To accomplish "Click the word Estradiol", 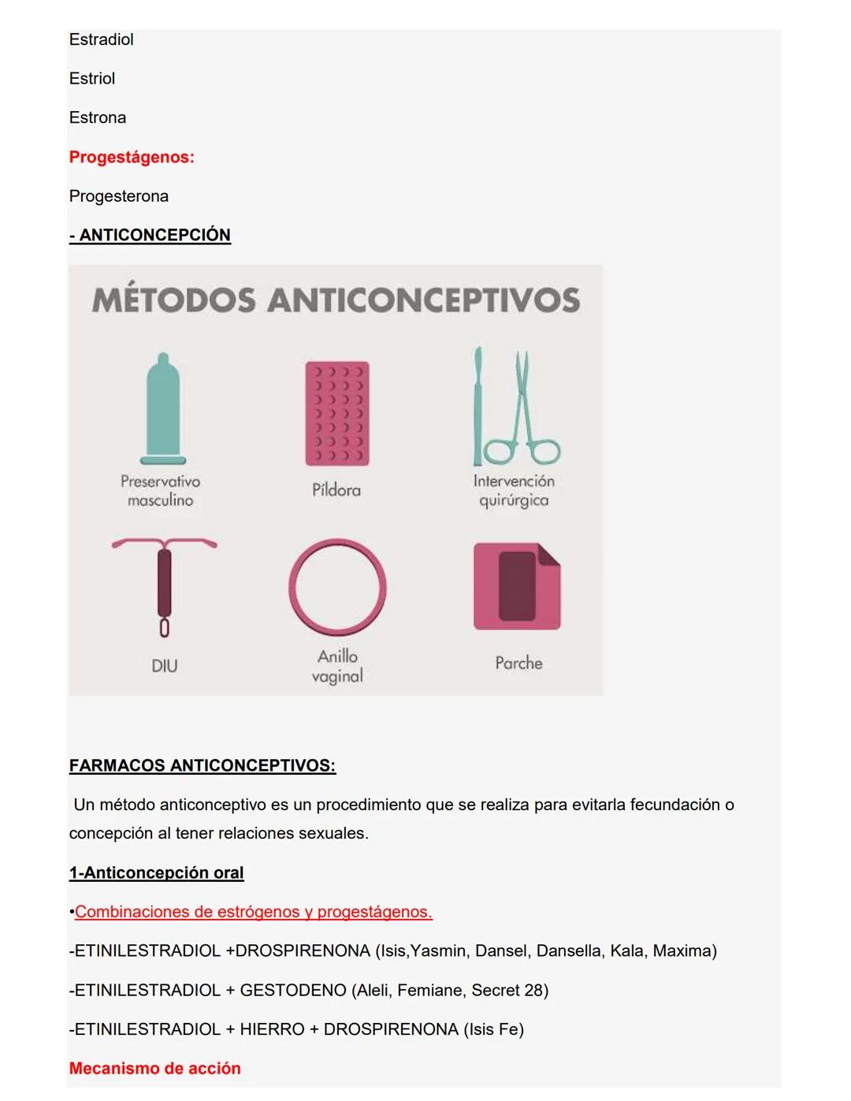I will pos(101,39).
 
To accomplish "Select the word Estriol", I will pos(92,79).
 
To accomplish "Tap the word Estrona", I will pos(98,117).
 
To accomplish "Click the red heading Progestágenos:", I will pos(132,157).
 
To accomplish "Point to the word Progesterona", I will pos(119,196).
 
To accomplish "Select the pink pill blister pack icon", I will pos(337,413).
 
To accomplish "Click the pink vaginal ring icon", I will pos(337,587).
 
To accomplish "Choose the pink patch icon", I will pos(517,586).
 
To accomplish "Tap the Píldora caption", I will pos(336,490).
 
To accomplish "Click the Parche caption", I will pos(518,664).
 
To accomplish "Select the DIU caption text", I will pos(164,666).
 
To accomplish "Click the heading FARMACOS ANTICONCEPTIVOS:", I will pos(203,765).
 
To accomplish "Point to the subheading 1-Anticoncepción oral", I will pos(156,872).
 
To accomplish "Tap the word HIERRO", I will pos(272,1029).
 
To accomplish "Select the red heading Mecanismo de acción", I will pos(155,1069).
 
